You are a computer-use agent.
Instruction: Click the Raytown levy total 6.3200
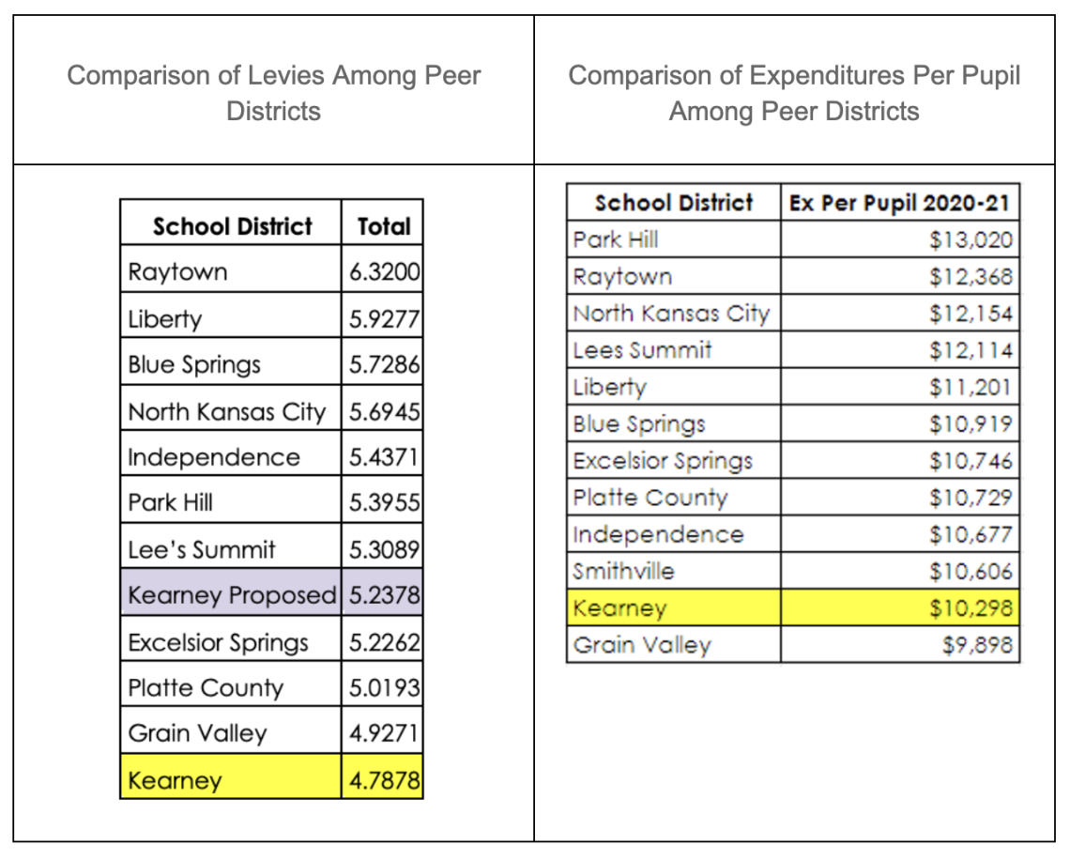click(x=383, y=272)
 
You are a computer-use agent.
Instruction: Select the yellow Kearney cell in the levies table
click(x=176, y=780)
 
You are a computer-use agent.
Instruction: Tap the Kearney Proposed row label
click(x=231, y=595)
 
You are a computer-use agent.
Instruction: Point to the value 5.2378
click(x=383, y=595)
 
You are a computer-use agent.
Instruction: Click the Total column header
click(x=383, y=226)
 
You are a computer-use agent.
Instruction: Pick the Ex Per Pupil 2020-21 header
click(x=900, y=203)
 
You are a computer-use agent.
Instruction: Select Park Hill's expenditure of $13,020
click(x=971, y=239)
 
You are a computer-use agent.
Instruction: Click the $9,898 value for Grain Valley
click(x=980, y=645)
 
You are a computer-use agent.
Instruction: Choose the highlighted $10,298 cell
click(x=971, y=608)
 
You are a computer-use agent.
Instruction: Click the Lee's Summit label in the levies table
click(x=202, y=549)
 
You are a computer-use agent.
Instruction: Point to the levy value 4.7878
click(x=383, y=780)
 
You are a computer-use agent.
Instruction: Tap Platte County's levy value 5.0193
click(x=383, y=688)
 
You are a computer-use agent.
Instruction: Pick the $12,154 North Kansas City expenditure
click(x=971, y=313)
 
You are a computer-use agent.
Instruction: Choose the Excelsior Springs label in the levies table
click(x=218, y=642)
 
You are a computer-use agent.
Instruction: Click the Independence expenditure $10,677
click(x=971, y=534)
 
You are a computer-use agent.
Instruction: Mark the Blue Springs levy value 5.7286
click(x=383, y=364)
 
